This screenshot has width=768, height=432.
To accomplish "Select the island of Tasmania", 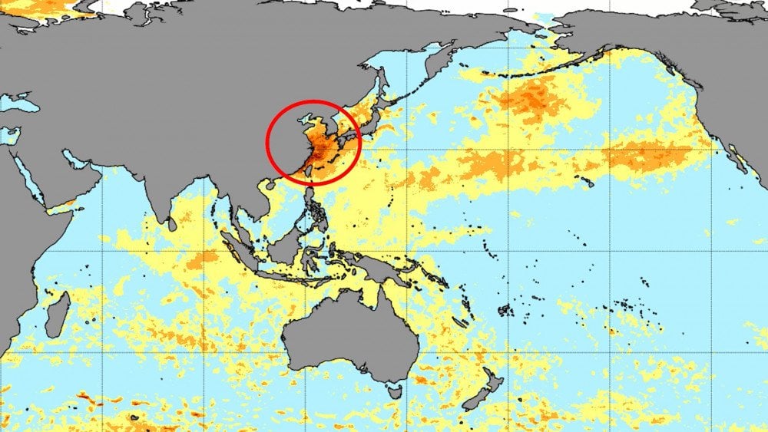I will point(395,391).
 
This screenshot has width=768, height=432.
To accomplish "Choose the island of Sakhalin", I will point(378,84).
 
